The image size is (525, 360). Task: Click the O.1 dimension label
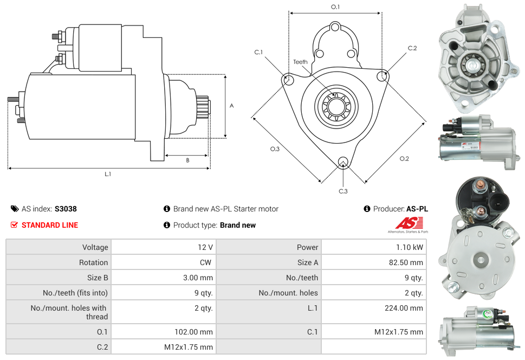click(x=335, y=7)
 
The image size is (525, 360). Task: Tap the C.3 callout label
click(x=343, y=191)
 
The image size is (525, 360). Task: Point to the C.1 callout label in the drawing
click(x=258, y=52)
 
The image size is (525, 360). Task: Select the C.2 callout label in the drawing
click(x=412, y=48)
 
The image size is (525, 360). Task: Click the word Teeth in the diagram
click(x=300, y=62)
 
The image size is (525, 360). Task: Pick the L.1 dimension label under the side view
click(x=108, y=174)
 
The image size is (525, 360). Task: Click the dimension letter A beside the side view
click(x=231, y=106)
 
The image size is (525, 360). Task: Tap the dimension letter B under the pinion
click(x=187, y=160)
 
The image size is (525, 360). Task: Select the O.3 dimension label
click(x=275, y=149)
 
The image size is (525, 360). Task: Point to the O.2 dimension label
click(x=404, y=158)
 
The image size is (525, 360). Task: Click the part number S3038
click(x=66, y=209)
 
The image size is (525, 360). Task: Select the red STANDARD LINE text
click(x=50, y=225)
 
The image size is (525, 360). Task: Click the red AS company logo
click(x=408, y=223)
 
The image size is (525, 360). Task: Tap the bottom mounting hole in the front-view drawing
click(x=342, y=162)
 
